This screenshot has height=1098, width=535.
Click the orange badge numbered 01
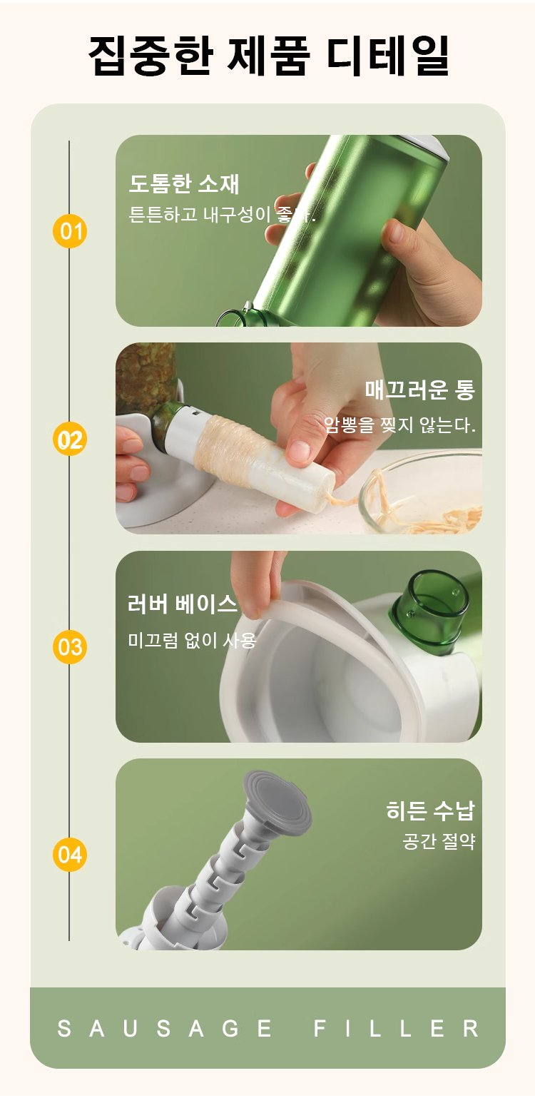click(x=70, y=231)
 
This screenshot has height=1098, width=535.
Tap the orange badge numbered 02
click(x=70, y=439)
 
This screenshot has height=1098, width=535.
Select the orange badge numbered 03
click(x=70, y=646)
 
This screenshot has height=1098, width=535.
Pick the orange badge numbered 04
click(x=70, y=855)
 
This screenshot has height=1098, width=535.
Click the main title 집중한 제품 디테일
click(x=268, y=55)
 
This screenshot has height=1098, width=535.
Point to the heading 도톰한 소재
click(x=184, y=183)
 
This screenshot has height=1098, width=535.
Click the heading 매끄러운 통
click(x=420, y=390)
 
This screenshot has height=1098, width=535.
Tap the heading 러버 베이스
click(x=182, y=604)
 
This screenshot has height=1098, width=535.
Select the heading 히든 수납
click(x=430, y=810)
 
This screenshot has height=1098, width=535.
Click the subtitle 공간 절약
click(x=439, y=841)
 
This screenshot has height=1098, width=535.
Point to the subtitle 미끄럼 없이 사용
click(x=192, y=640)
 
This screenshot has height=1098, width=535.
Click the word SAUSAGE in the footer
click(x=164, y=1028)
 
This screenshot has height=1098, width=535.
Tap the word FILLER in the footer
click(x=396, y=1028)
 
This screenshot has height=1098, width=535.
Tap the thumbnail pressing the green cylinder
click(x=394, y=232)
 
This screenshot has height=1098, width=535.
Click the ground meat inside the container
click(x=145, y=372)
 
